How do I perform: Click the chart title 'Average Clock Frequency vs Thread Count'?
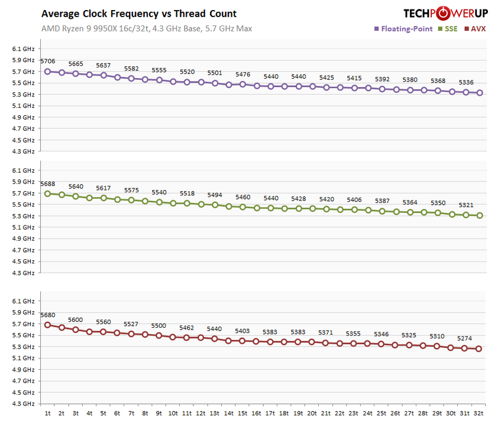[138, 14]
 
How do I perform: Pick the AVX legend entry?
[476, 28]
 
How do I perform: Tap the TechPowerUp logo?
[444, 13]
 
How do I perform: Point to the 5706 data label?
[47, 61]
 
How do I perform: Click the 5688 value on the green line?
[47, 184]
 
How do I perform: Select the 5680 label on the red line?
[47, 315]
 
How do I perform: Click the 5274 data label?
[465, 338]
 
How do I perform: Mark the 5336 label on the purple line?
[466, 82]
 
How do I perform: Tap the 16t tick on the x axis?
[257, 413]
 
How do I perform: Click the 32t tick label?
[479, 413]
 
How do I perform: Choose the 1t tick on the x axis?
[47, 413]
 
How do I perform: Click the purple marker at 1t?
[48, 71]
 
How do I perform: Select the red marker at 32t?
[479, 348]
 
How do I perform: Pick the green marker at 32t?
[479, 215]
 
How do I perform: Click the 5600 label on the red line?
[76, 319]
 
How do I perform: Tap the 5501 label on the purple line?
[215, 73]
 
